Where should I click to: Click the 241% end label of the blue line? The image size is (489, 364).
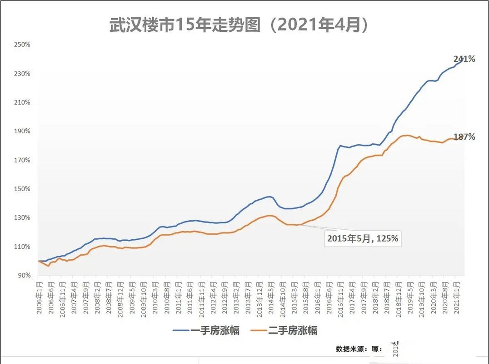tap(464, 59)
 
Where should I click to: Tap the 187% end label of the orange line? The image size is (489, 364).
tap(464, 136)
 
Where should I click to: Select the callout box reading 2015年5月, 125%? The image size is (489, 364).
tap(363, 238)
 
